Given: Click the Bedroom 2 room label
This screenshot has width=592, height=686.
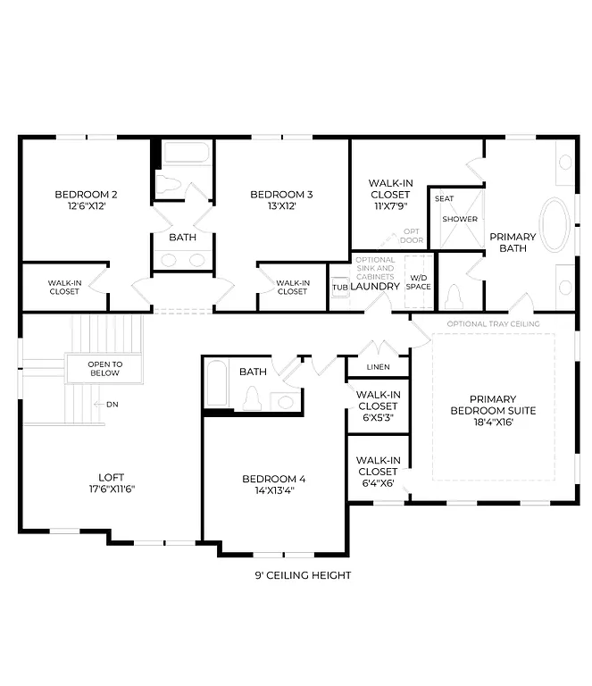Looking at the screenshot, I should pos(86,194).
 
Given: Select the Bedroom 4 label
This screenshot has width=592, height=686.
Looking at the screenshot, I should pos(273,479).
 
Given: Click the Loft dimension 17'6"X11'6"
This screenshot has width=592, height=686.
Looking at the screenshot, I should pos(112,489).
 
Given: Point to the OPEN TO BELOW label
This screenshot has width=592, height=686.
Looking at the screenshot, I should pos(104,368).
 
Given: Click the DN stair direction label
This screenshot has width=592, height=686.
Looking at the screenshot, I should pos(112,405).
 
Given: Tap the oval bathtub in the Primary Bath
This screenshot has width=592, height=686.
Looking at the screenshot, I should pos(558,224).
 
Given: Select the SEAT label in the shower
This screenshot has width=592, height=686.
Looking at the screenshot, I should pos(444,198).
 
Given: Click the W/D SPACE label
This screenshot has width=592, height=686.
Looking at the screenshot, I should pos(419,282).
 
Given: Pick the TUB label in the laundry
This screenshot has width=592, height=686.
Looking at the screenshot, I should pos(339,287).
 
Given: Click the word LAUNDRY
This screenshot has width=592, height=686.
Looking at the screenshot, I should pos(374,287).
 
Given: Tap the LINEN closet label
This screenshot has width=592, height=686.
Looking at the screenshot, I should pos(378,367).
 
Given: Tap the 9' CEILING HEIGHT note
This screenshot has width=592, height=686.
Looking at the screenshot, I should pos(303,575).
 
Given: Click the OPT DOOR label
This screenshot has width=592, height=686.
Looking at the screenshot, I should pos(412,235).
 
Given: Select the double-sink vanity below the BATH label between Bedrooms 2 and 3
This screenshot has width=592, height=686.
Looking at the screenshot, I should pos(182,260).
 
